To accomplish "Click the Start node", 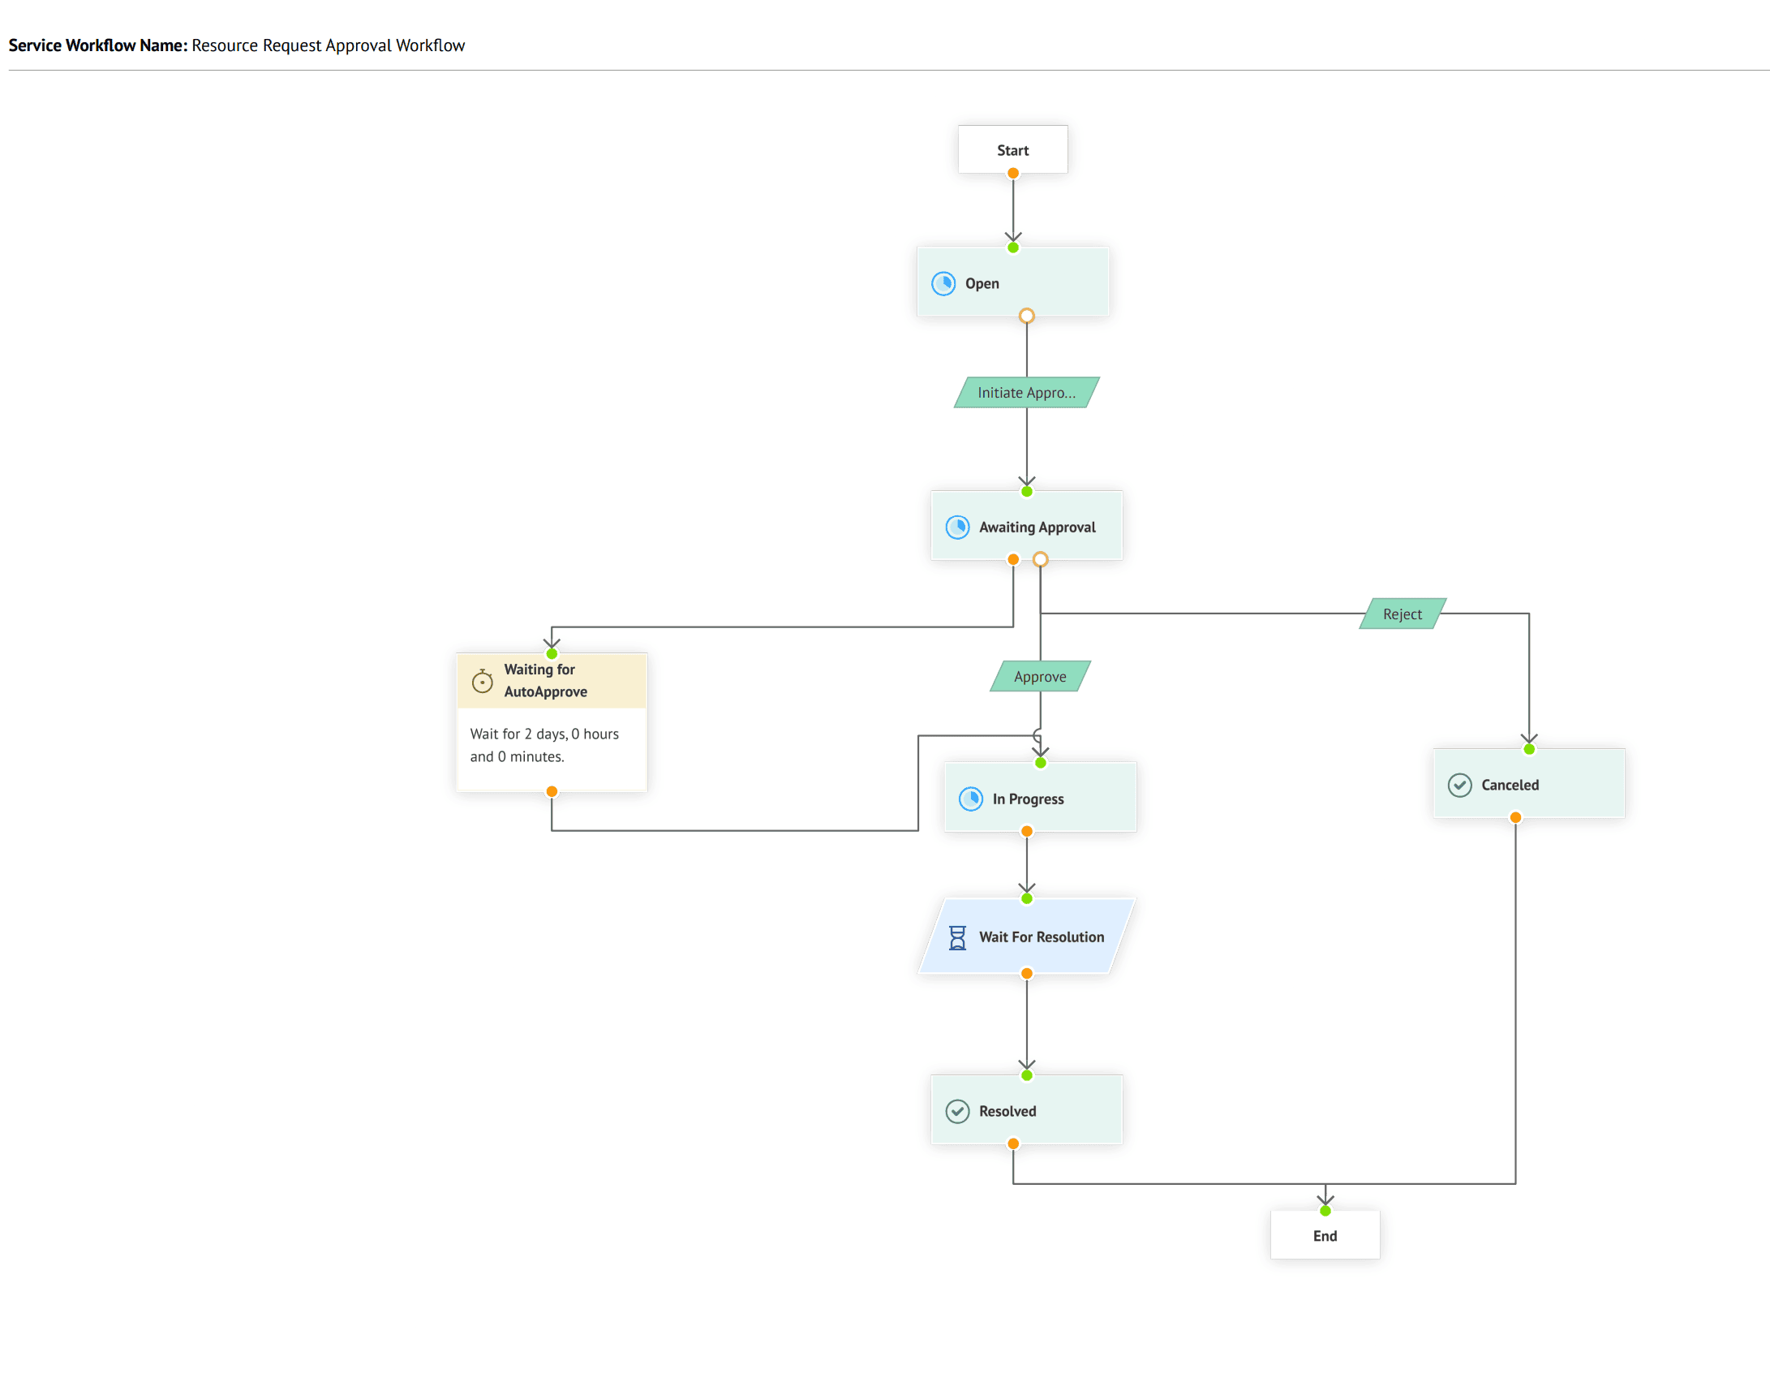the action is (x=1012, y=149).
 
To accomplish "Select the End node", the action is (x=1325, y=1235).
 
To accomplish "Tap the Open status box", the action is (x=1012, y=282).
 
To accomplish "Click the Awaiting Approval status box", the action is (x=1026, y=526).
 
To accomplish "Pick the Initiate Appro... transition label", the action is (x=1026, y=392).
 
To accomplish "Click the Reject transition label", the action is (x=1403, y=614).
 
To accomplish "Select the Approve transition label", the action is (x=1040, y=676).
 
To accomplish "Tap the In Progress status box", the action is (x=1040, y=797).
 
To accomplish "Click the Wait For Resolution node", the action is (x=1026, y=936).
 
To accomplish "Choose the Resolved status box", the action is (x=1026, y=1109).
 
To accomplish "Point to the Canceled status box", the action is (x=1529, y=783).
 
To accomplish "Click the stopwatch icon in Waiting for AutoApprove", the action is (x=482, y=681).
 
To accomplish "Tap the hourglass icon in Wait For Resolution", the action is (x=957, y=937).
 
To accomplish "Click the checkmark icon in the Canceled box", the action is (x=1459, y=785).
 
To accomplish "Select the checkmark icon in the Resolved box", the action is (x=957, y=1111).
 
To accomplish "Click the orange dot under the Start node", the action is (x=1012, y=173).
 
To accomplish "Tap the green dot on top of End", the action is (x=1325, y=1211).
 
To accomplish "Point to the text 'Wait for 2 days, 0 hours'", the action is (x=544, y=734).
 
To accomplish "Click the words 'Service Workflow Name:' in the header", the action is (x=98, y=45).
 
